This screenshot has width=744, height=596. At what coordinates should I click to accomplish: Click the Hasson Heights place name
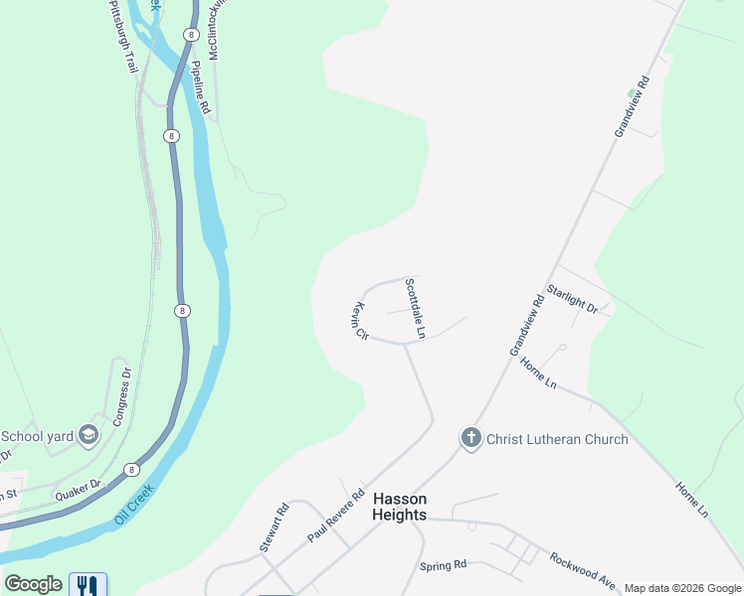click(x=399, y=507)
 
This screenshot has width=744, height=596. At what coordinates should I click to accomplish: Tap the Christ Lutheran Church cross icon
click(x=470, y=438)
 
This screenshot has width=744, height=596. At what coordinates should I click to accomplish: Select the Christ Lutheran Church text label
click(x=557, y=439)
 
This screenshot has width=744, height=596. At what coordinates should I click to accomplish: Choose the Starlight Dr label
click(x=573, y=301)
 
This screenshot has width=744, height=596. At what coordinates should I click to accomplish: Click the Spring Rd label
click(x=443, y=565)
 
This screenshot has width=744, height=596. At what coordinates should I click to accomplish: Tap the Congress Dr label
click(x=120, y=397)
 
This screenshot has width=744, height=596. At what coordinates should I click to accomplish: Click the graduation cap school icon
click(x=89, y=435)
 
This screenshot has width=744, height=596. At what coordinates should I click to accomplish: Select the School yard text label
click(x=37, y=435)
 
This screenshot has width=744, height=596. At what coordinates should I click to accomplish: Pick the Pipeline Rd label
click(x=200, y=87)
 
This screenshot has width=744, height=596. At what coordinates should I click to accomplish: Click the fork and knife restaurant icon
click(x=88, y=584)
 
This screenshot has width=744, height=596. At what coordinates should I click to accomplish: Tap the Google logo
click(x=33, y=584)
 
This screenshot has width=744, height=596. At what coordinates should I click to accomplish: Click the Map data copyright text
click(x=681, y=588)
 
